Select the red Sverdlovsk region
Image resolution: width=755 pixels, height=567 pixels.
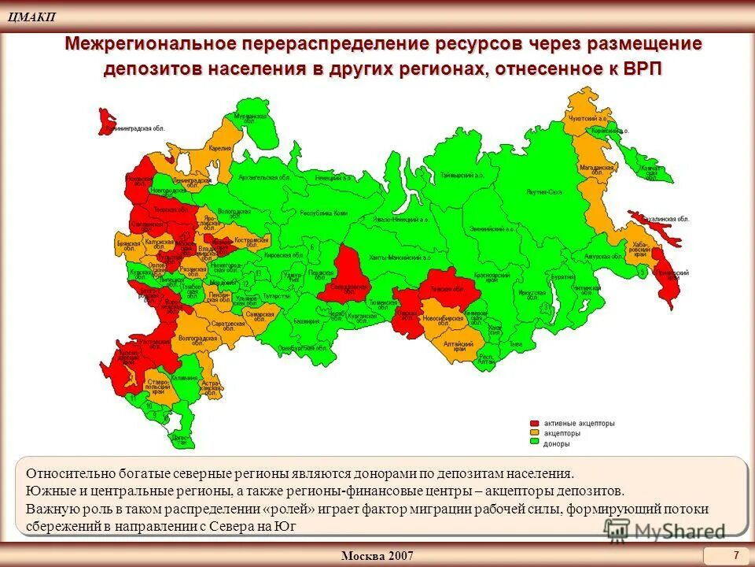[347, 275]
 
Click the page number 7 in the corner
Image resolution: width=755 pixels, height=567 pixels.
[735, 555]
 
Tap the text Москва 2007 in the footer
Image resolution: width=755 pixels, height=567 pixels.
[377, 556]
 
